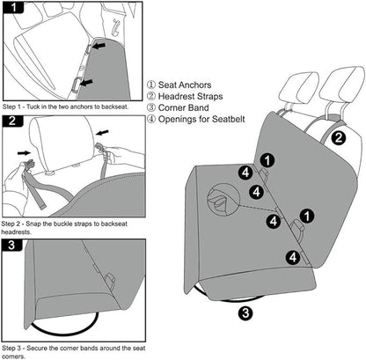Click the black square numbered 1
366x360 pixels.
16,10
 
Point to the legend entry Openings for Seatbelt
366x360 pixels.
203,125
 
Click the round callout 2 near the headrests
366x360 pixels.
340,136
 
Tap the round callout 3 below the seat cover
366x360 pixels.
245,311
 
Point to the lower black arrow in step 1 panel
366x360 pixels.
84,84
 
